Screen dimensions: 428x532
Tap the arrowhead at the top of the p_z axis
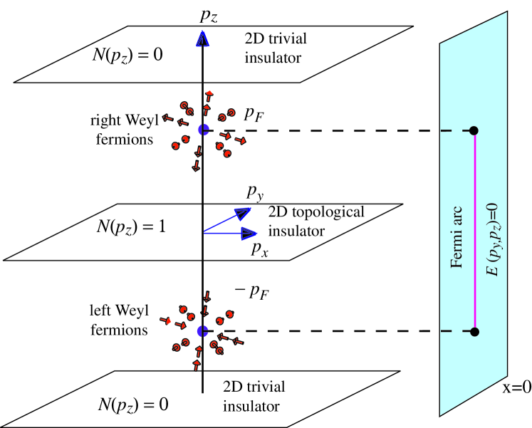pos(203,38)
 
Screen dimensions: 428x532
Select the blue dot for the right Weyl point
pos(203,130)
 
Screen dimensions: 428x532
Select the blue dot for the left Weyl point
pos(203,331)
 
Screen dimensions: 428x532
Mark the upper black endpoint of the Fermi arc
pos(474,130)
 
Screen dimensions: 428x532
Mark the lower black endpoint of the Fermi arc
pos(474,332)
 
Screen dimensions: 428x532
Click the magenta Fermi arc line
pos(474,231)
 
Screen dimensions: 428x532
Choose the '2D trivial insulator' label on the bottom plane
pos(253,396)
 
